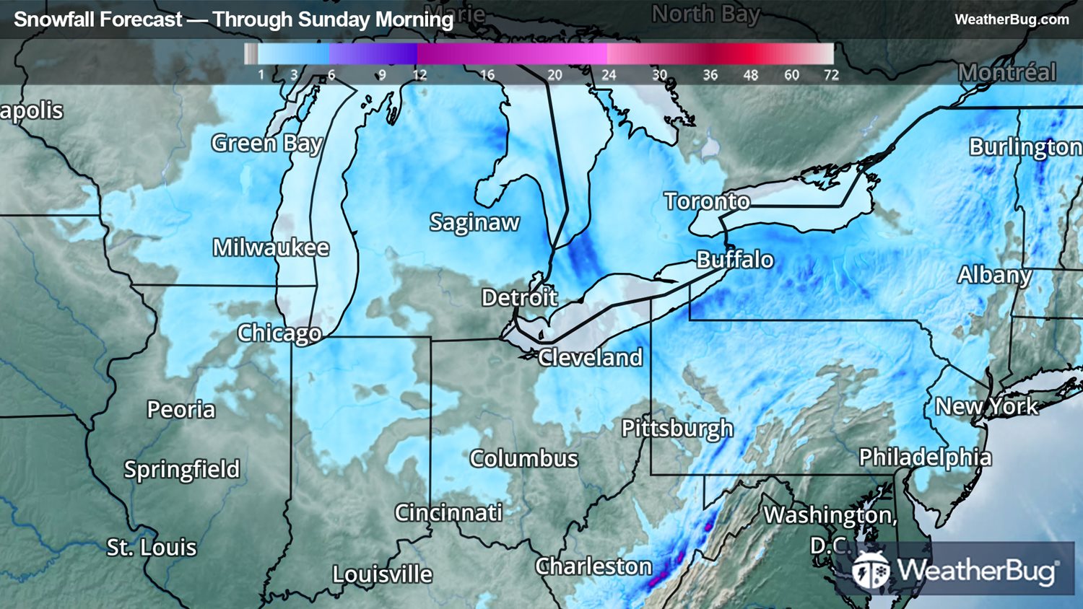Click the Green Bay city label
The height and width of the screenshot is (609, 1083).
[266, 144]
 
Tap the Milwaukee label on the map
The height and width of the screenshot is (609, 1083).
[271, 247]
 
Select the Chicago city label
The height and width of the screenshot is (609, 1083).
[279, 333]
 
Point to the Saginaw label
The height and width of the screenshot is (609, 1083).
[474, 222]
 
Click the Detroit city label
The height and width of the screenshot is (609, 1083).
[519, 297]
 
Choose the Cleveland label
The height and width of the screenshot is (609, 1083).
[590, 357]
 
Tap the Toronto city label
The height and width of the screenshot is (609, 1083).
[707, 201]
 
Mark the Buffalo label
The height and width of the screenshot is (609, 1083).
[734, 260]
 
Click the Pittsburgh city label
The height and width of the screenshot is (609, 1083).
[677, 429]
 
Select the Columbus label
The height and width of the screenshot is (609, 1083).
[523, 458]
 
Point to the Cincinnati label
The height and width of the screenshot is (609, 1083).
[448, 512]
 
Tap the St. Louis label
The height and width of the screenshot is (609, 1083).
[152, 547]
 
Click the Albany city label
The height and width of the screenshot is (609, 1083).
[994, 275]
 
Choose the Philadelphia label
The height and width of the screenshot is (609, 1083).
[925, 457]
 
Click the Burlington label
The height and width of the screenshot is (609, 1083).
[1025, 147]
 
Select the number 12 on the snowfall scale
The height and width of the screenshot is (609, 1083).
[419, 75]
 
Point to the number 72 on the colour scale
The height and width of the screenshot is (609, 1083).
[831, 75]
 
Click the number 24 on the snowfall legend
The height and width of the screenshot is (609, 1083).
[609, 75]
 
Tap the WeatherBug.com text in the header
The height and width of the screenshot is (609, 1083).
[1012, 19]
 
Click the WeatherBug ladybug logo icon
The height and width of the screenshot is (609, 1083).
[871, 571]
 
